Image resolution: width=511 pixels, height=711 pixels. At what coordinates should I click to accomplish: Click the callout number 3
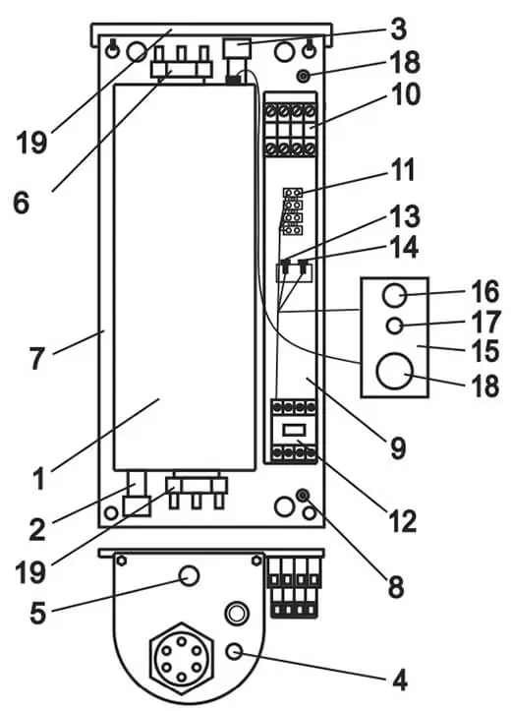[397, 29]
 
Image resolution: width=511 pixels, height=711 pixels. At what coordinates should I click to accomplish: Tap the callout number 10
[406, 94]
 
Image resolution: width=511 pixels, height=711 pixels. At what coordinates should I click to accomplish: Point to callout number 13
[406, 215]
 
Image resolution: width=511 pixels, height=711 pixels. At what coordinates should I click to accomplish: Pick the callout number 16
[484, 291]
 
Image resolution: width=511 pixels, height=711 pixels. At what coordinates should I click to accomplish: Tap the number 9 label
[397, 448]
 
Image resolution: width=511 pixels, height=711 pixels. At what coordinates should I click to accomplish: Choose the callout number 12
[401, 521]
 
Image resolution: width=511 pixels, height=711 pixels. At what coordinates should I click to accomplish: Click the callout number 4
[399, 681]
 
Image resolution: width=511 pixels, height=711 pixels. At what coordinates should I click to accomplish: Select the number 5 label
[38, 613]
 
